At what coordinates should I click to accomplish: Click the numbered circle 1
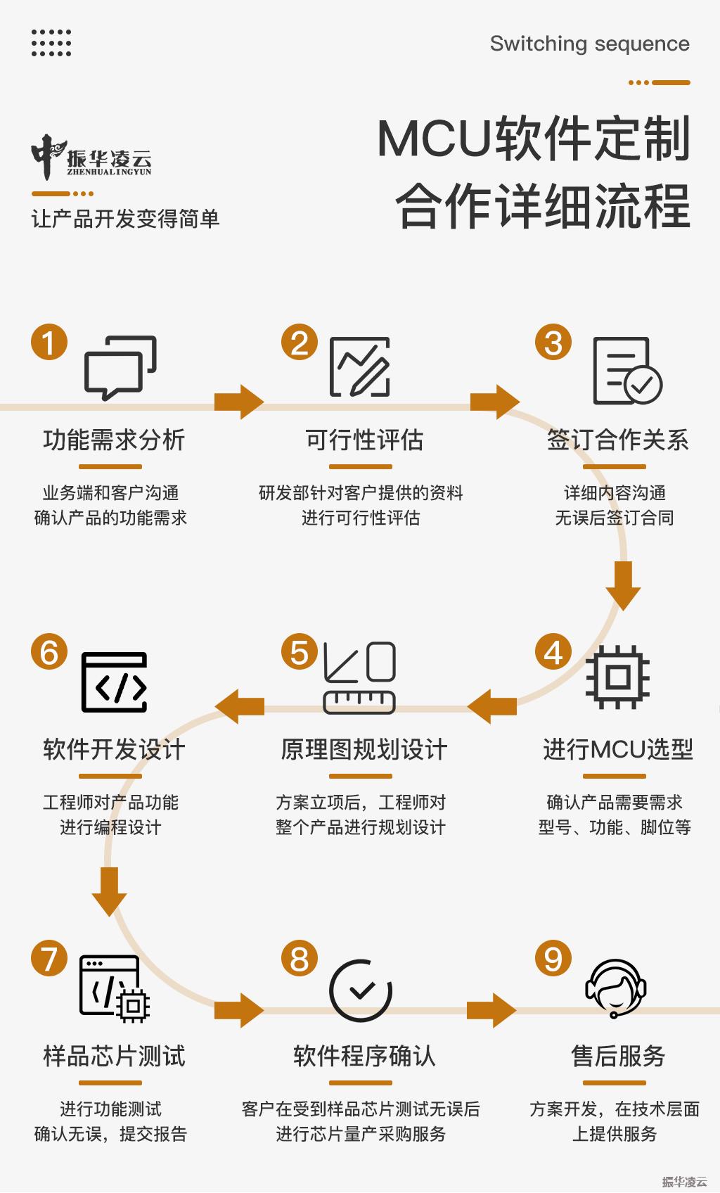[49, 343]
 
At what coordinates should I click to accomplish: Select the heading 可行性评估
[364, 440]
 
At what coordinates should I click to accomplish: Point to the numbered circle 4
[553, 652]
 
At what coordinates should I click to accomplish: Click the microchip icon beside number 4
[617, 677]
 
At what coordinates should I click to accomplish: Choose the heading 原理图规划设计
[364, 750]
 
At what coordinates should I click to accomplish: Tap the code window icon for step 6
[115, 682]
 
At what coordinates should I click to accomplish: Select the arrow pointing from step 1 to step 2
[239, 402]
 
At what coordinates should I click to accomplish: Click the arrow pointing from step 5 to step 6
[239, 706]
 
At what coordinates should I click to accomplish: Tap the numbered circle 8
[300, 959]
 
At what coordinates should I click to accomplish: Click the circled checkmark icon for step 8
[361, 990]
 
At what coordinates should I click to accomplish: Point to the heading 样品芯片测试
[114, 1057]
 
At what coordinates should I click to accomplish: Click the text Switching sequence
[589, 44]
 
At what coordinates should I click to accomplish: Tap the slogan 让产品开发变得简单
[125, 219]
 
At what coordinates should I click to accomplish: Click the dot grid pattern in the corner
[51, 43]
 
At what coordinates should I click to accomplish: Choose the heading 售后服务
[618, 1057]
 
